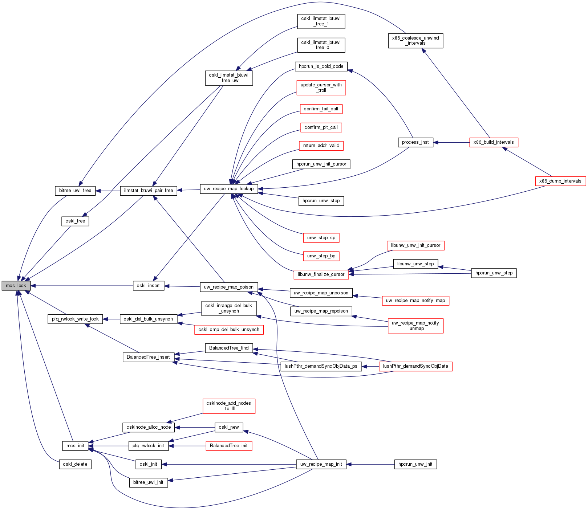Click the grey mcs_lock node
coord(16,286)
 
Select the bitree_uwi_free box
coord(75,191)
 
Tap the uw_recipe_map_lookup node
coord(229,189)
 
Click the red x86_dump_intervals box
coord(560,181)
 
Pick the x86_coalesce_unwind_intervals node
coord(415,41)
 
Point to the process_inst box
coord(415,142)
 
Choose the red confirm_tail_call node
coord(321,109)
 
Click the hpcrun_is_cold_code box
coord(321,66)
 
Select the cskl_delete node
coord(75,464)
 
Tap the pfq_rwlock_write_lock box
coord(75,319)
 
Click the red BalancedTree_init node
coord(229,446)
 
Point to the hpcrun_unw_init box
coord(415,464)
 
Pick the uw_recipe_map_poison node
coord(229,287)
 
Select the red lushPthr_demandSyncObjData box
coord(415,366)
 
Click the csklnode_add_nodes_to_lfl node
coord(229,406)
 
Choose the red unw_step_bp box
coord(321,256)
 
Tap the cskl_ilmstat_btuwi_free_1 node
coord(321,21)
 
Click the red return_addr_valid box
coord(321,146)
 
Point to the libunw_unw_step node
coord(415,264)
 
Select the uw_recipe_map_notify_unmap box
coord(415,326)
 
